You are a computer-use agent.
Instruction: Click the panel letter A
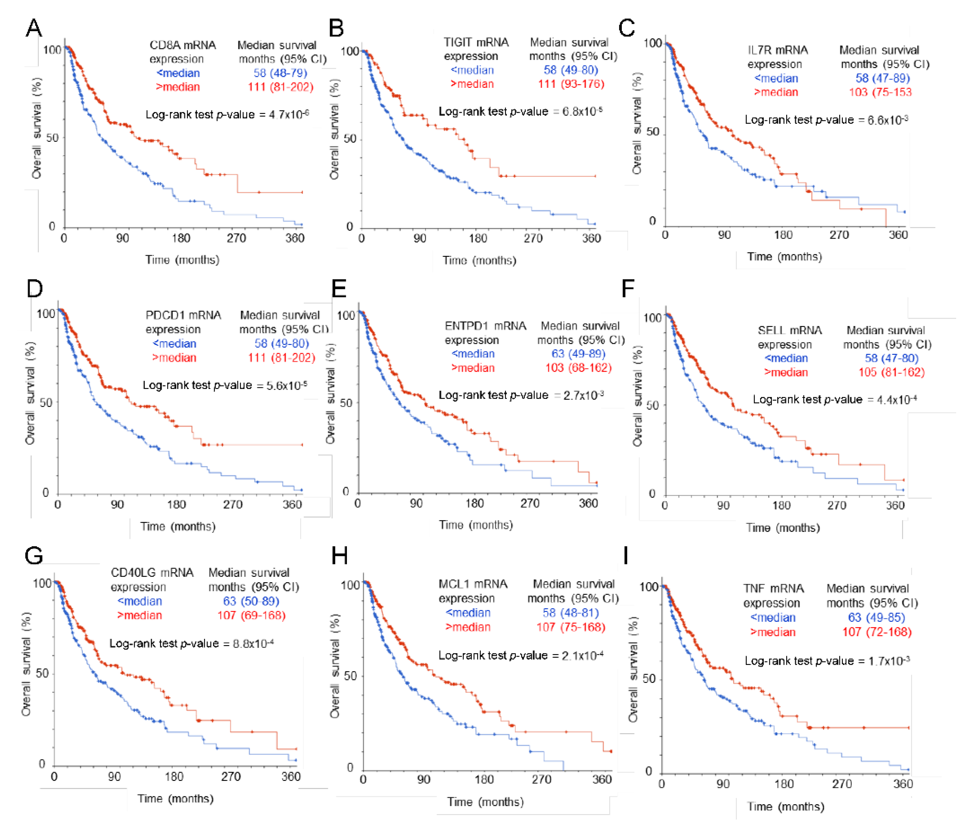33,28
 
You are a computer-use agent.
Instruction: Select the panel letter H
340,557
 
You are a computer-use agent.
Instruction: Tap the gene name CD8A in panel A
162,45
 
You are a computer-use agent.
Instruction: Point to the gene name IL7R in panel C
761,50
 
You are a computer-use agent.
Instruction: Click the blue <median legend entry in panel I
773,618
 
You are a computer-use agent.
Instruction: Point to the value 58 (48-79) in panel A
280,73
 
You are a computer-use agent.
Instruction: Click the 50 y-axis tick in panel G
42,673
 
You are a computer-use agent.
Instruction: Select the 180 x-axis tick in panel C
783,235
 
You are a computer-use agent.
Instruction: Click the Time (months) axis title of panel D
178,527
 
